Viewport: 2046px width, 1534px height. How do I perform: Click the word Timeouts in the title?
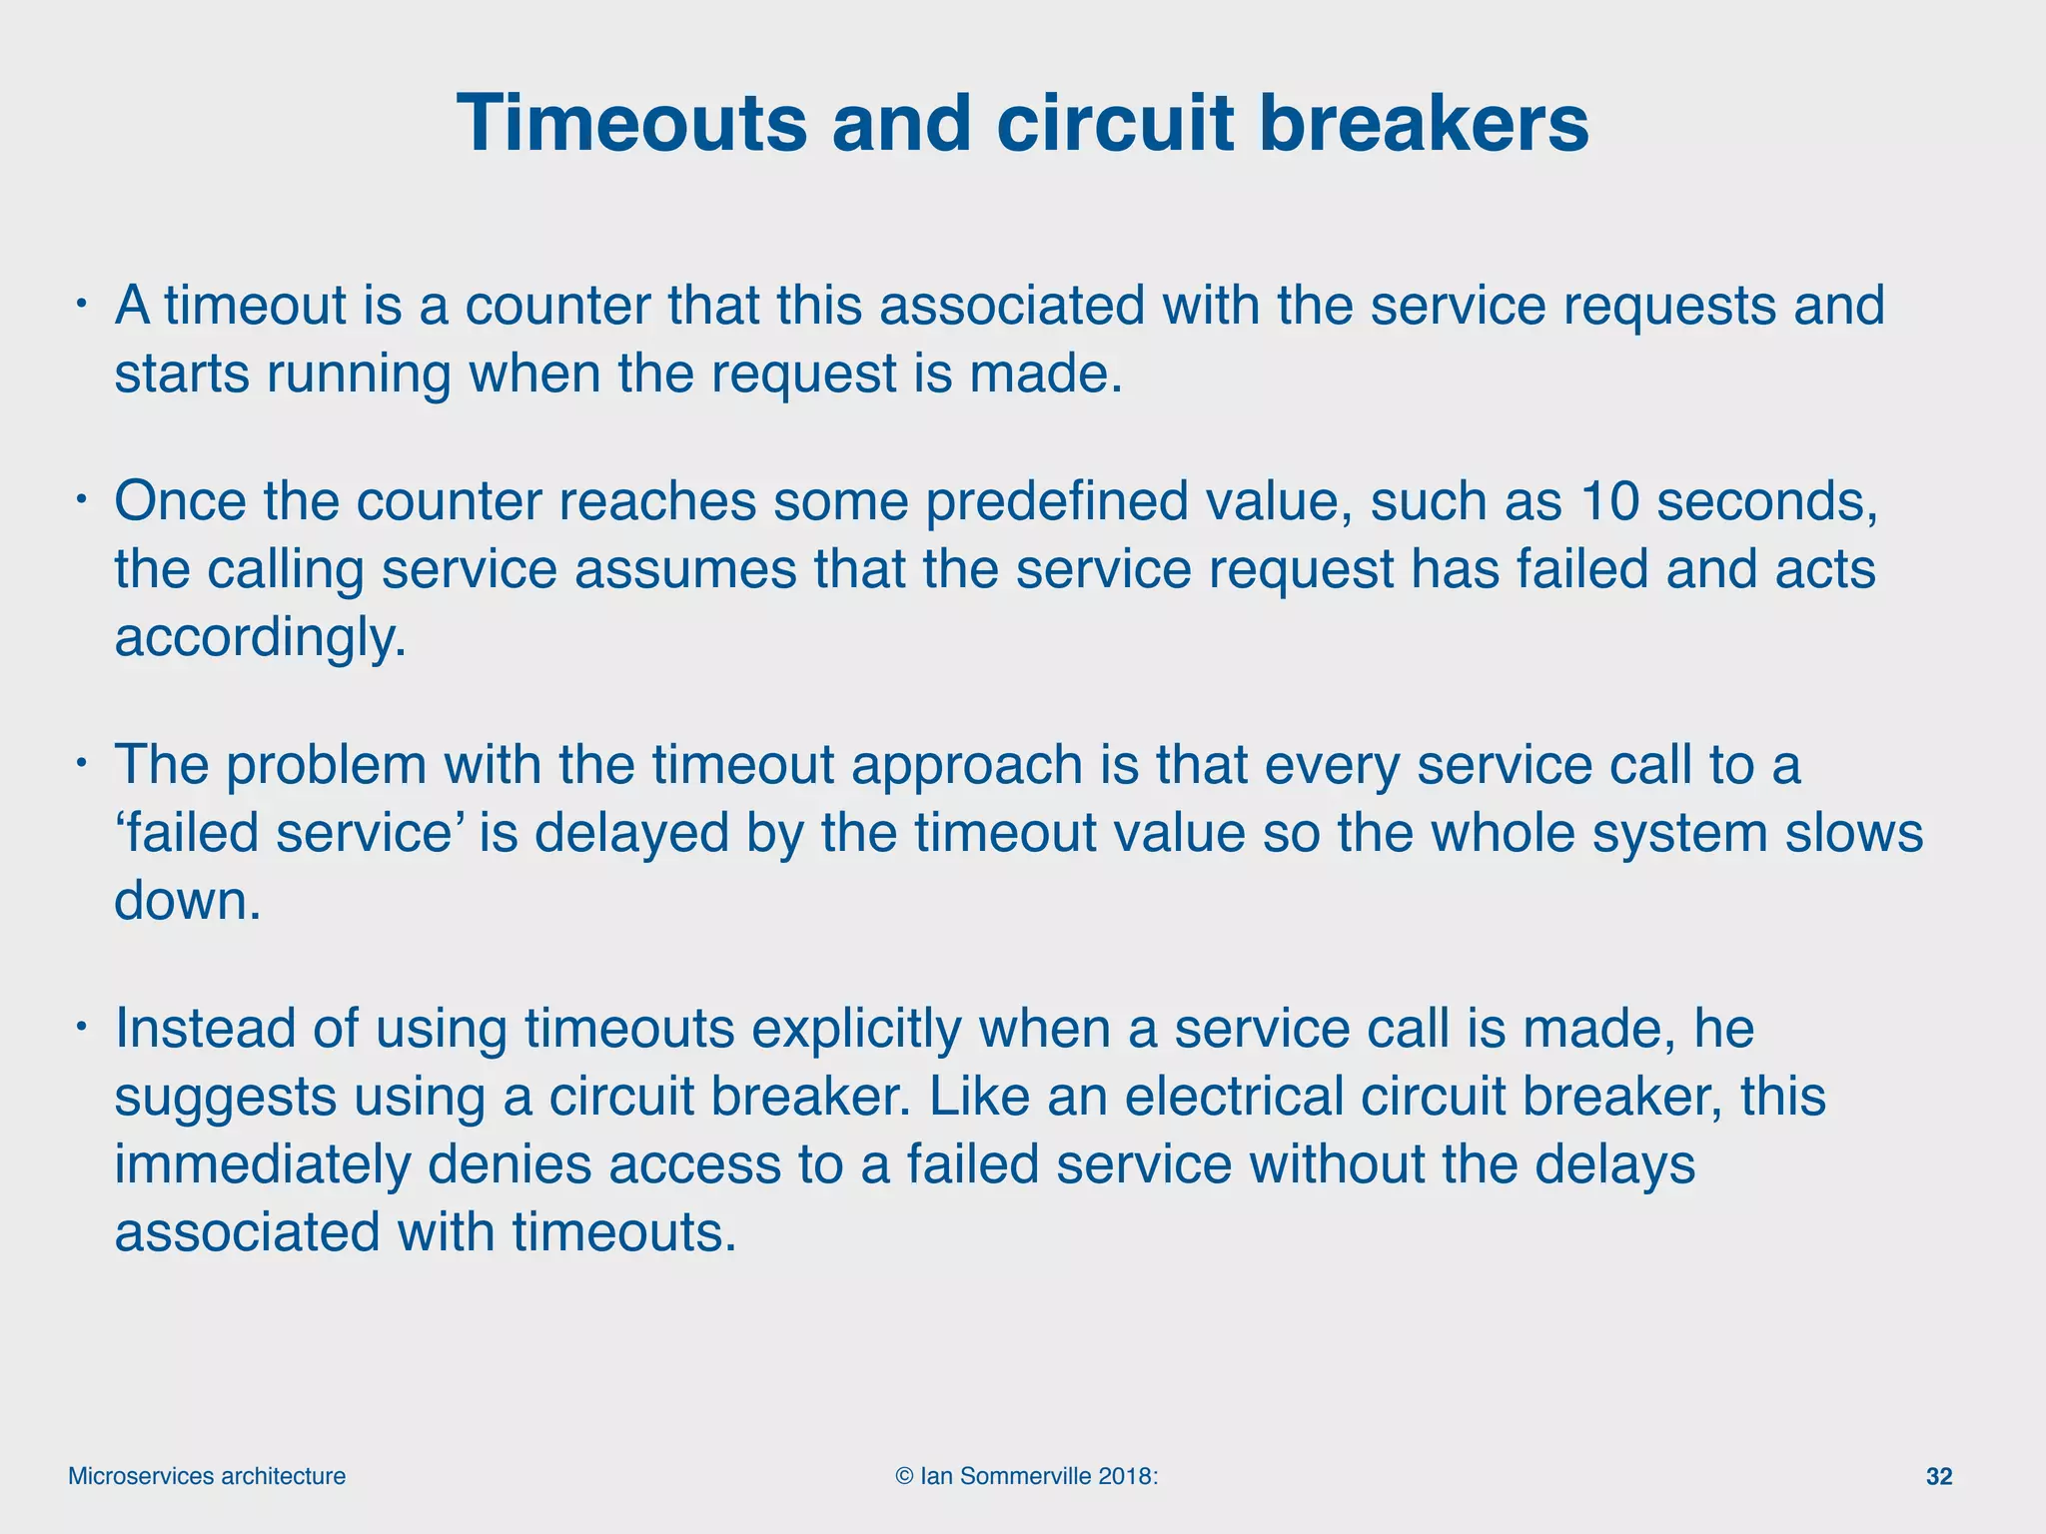pyautogui.click(x=631, y=124)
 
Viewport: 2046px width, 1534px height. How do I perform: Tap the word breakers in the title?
pyautogui.click(x=1424, y=124)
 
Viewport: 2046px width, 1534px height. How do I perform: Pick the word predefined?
pyautogui.click(x=1056, y=501)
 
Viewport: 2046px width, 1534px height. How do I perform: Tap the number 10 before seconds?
pyautogui.click(x=1609, y=501)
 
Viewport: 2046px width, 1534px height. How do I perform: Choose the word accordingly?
pyautogui.click(x=261, y=639)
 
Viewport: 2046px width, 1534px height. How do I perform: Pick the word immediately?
pyautogui.click(x=262, y=1165)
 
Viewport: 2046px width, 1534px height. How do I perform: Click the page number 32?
pyautogui.click(x=1938, y=1477)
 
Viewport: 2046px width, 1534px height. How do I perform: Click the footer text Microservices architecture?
pyautogui.click(x=207, y=1477)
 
